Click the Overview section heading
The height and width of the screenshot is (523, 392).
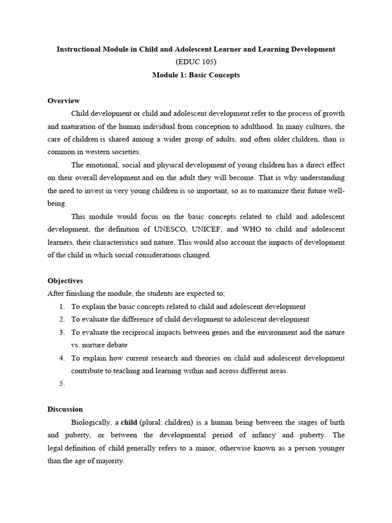(x=63, y=101)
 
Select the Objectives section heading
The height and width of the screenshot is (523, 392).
(x=65, y=281)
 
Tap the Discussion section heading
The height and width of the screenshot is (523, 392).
(x=65, y=409)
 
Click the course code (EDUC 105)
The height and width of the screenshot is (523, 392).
(x=196, y=62)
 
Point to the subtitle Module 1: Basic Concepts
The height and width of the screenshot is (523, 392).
(x=196, y=75)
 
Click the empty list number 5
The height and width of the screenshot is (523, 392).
(x=62, y=384)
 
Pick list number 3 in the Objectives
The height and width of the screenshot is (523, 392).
(x=62, y=332)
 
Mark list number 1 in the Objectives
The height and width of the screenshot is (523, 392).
(x=62, y=306)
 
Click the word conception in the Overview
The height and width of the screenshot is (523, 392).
(x=215, y=126)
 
